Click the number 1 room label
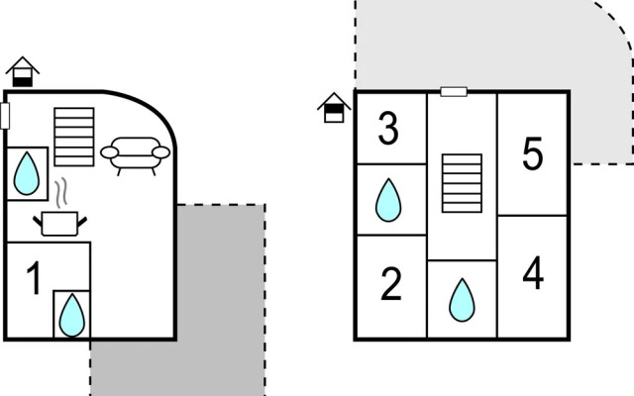(35, 278)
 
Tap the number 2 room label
(391, 284)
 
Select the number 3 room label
(388, 128)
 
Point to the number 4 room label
(533, 273)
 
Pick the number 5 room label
(533, 153)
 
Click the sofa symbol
(135, 155)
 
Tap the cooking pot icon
(59, 224)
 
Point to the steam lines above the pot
(61, 193)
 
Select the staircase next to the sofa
(74, 137)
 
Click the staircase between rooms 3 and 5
(462, 183)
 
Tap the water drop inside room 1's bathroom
(72, 315)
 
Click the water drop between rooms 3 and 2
(388, 200)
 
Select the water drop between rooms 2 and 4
(462, 300)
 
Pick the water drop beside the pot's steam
(27, 173)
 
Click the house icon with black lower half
(23, 71)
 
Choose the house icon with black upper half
(334, 108)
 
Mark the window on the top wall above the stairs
(454, 92)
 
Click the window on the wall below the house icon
(5, 116)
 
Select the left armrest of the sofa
(110, 152)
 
